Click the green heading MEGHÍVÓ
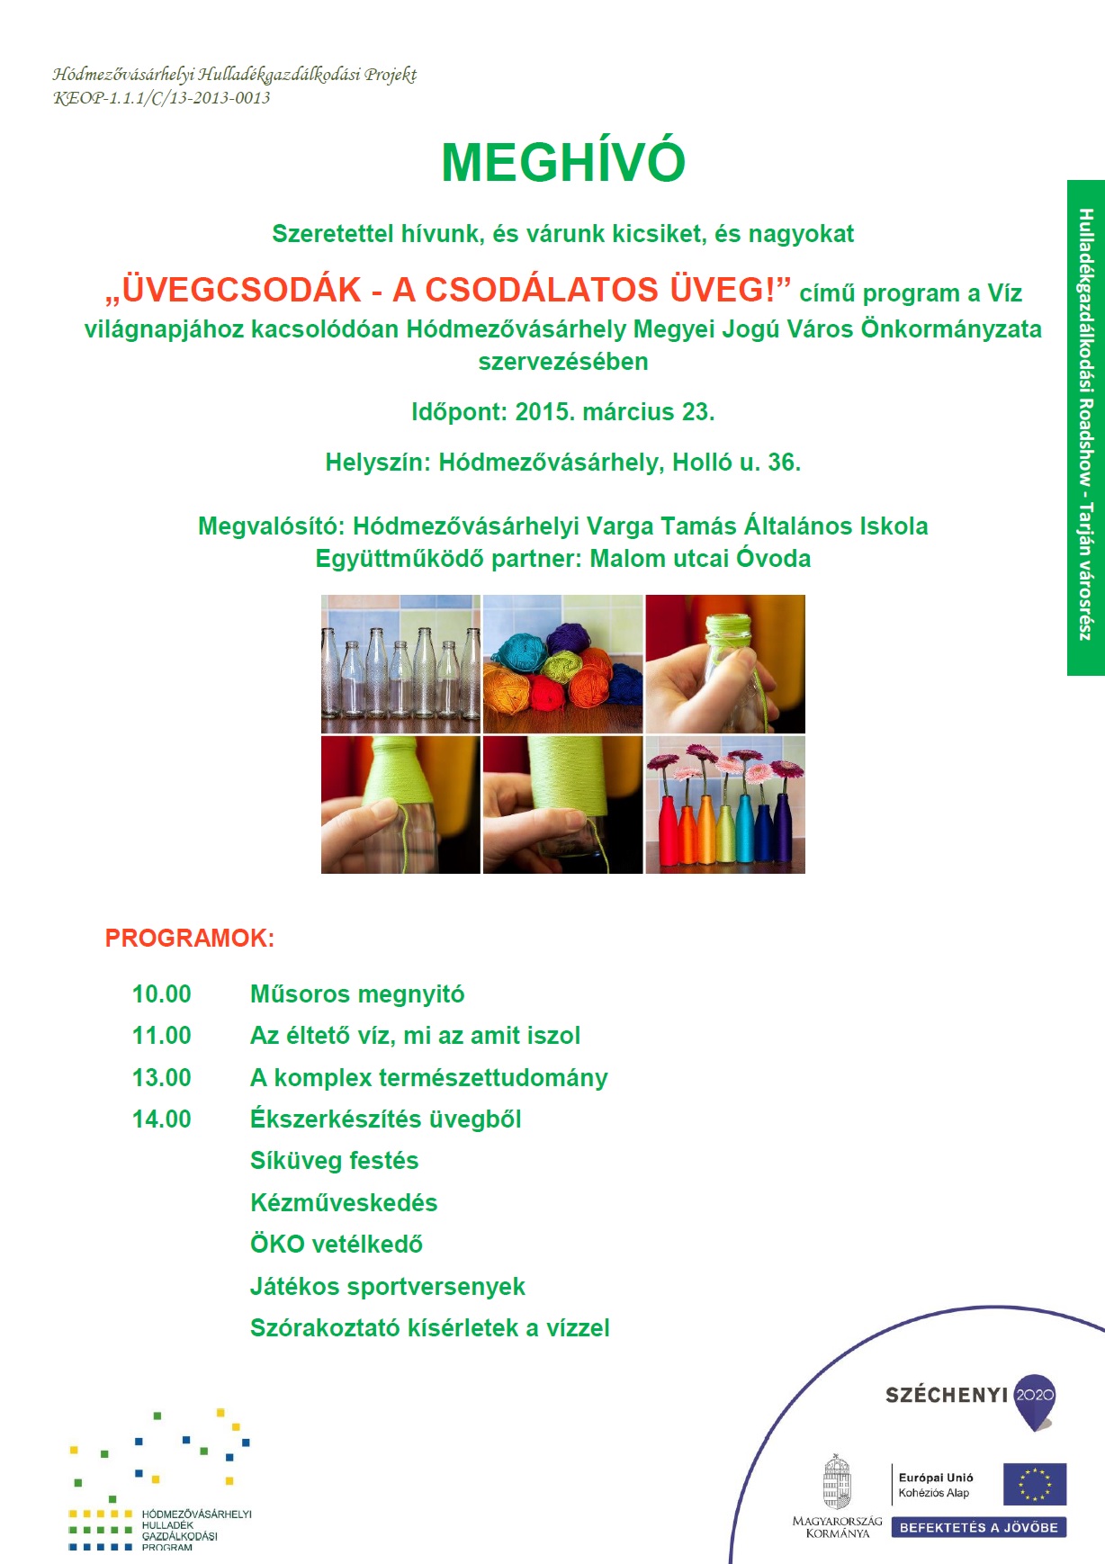click(x=563, y=162)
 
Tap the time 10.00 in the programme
click(x=161, y=994)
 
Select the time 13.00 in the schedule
click(x=161, y=1078)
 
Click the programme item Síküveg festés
click(x=334, y=1161)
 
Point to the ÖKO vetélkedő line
click(x=336, y=1245)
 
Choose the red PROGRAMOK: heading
click(x=190, y=939)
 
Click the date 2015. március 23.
click(x=615, y=412)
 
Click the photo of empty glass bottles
click(x=400, y=664)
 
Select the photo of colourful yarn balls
click(x=562, y=664)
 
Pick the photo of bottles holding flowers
click(x=725, y=805)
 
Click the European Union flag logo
click(x=1035, y=1484)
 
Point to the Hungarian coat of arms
click(x=837, y=1482)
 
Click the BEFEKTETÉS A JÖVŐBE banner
click(x=978, y=1527)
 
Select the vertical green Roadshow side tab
click(x=1085, y=427)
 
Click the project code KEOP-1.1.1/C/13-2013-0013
click(x=162, y=98)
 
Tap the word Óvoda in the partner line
click(x=773, y=559)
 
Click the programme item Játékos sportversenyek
click(x=387, y=1287)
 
